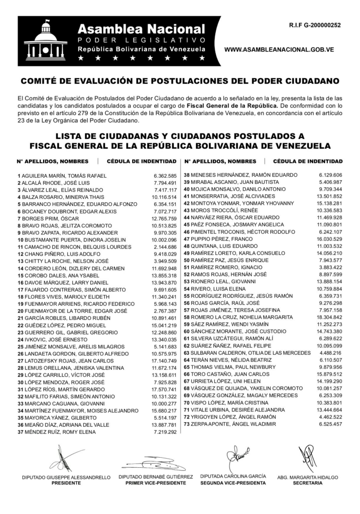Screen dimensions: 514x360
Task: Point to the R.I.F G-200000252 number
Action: click(315, 24)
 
